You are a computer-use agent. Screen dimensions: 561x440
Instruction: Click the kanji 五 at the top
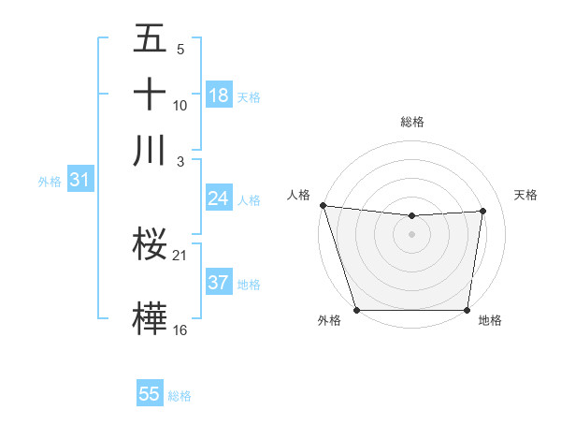[x=150, y=39]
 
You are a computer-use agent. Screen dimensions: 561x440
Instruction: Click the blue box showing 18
[x=219, y=95]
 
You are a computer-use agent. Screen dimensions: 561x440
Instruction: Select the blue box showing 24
[x=219, y=198]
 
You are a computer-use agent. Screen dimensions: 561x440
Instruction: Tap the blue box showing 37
[x=219, y=283]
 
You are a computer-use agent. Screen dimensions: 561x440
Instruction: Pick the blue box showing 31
[x=79, y=181]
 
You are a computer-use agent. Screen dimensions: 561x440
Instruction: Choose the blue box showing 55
[x=150, y=394]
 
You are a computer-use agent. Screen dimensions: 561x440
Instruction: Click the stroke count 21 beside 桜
[x=180, y=255]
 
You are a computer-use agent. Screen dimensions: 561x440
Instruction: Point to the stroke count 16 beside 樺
[x=180, y=330]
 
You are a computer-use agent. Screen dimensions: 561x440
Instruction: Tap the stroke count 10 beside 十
[x=180, y=105]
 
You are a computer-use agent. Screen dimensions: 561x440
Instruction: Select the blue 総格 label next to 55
[x=180, y=396]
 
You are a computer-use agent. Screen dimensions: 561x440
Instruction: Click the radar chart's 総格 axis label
[x=412, y=122]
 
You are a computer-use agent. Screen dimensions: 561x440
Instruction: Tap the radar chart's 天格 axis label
[x=526, y=195]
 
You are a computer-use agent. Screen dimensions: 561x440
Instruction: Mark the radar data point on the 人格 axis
[x=323, y=205]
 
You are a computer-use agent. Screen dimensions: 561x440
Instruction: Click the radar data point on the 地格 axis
[x=467, y=310]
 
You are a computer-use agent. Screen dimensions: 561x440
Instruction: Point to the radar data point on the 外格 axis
[x=357, y=310]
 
